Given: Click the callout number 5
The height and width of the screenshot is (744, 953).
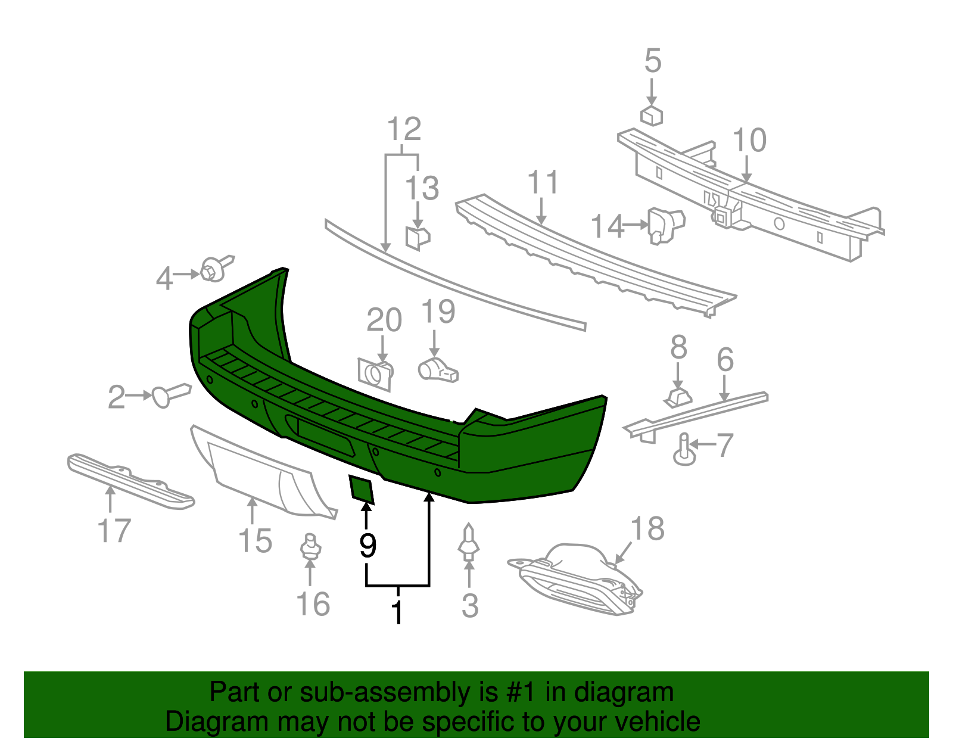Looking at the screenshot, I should [x=653, y=61].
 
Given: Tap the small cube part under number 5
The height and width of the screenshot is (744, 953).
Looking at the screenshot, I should [x=651, y=115].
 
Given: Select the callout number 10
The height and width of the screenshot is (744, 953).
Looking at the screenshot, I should [x=749, y=141].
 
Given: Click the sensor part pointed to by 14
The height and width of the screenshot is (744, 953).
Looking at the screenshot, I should [x=666, y=225].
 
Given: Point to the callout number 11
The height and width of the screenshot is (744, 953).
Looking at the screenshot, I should [x=543, y=182].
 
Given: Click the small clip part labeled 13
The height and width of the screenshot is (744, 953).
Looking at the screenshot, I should [x=418, y=236].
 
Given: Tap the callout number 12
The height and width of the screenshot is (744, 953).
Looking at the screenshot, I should [x=404, y=129].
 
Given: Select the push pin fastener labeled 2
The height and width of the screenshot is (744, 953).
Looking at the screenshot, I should [x=171, y=395].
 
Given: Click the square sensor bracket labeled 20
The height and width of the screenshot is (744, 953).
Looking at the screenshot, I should [x=375, y=374].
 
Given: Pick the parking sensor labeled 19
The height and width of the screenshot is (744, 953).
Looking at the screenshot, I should [x=438, y=371].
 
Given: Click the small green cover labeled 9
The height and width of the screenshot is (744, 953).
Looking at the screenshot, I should [x=361, y=488].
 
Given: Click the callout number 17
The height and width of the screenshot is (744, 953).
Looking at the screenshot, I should [x=114, y=531].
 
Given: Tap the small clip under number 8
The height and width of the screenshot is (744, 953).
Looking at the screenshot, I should [x=678, y=397].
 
